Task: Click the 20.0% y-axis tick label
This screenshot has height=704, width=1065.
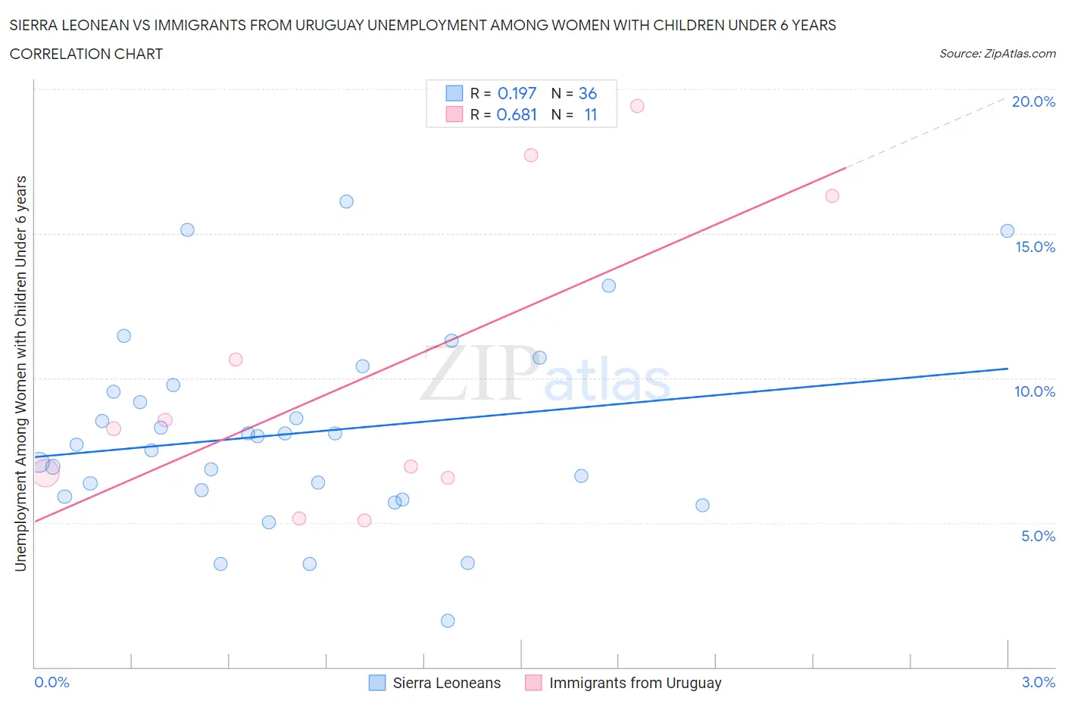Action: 1033,101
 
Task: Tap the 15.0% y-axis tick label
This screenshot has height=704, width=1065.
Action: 1035,247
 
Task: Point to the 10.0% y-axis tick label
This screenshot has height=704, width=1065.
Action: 1035,391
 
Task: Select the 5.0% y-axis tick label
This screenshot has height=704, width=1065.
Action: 1038,536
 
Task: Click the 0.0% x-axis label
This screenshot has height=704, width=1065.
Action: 52,682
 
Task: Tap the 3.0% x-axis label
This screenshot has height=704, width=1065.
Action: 1038,682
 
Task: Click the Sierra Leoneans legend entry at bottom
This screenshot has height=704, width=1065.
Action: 446,683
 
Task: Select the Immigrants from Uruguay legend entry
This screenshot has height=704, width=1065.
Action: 635,683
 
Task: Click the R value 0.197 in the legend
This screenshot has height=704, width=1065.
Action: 517,93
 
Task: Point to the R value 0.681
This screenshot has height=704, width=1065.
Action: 517,114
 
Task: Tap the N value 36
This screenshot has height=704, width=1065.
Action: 588,93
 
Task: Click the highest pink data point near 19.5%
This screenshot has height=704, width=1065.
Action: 637,106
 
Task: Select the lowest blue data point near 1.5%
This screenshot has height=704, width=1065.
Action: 448,621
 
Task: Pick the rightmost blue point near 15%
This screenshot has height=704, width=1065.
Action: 1007,231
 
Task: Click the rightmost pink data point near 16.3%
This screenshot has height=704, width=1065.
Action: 832,196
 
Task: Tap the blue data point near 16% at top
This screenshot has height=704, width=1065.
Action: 346,201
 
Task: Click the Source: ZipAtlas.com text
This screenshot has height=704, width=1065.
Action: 997,54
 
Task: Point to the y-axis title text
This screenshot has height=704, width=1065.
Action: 20,373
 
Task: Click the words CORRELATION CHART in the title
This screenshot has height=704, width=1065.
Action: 86,54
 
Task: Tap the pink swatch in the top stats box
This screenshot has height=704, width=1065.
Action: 454,114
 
